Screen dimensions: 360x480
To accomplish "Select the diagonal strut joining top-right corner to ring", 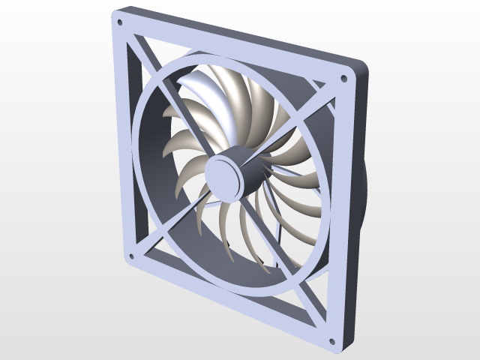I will point(322,97).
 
